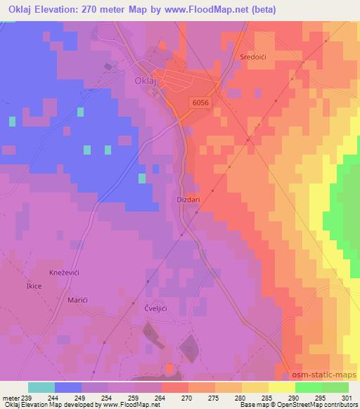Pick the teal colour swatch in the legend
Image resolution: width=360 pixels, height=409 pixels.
click(41, 387)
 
